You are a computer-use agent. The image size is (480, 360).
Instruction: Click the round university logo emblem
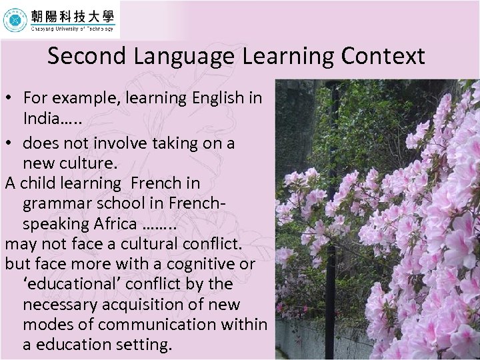pyautogui.click(x=15, y=21)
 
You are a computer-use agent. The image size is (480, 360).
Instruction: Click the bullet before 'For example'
pyautogui.click(x=10, y=98)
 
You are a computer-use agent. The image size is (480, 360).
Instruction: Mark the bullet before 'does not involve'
pyautogui.click(x=10, y=143)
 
